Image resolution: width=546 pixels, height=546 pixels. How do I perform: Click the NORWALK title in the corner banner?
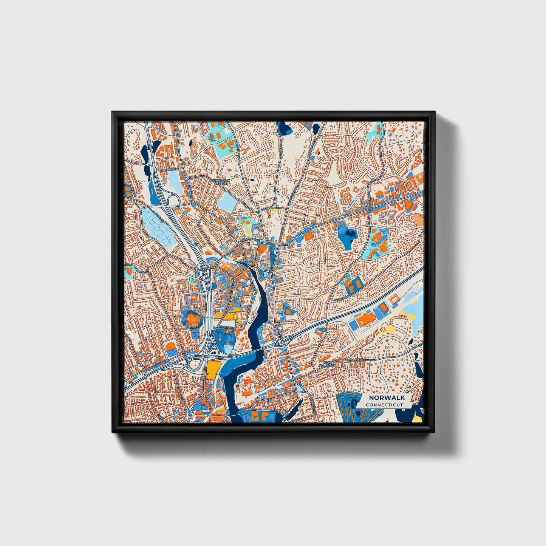[387, 398]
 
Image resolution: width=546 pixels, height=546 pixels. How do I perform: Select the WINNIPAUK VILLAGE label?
[220, 182]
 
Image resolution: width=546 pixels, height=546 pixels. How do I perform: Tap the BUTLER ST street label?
[228, 327]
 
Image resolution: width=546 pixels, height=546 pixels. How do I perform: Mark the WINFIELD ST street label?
[358, 360]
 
